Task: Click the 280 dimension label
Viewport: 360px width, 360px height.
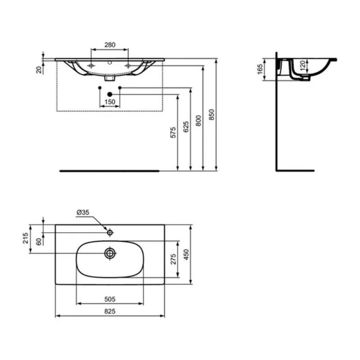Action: coord(110,45)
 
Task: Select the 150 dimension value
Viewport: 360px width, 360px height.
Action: coord(110,102)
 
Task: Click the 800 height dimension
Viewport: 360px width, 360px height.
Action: coord(198,121)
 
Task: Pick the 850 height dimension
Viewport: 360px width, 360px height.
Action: coord(211,116)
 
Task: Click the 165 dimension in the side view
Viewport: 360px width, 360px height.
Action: coord(260,70)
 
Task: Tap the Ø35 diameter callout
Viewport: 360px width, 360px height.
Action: coord(82,212)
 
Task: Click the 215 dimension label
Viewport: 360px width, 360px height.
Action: coord(26,238)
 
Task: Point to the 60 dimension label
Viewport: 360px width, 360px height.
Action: coord(39,241)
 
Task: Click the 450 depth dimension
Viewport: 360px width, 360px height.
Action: coord(185,255)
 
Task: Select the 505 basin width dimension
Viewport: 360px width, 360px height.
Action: coord(110,298)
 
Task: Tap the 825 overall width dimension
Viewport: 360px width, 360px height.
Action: coord(110,311)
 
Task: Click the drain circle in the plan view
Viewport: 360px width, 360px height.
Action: coord(110,253)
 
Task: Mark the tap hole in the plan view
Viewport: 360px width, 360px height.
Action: coord(109,233)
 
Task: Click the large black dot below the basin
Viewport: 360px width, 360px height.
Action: coord(110,94)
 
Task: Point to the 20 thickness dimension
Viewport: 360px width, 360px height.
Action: coord(39,69)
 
